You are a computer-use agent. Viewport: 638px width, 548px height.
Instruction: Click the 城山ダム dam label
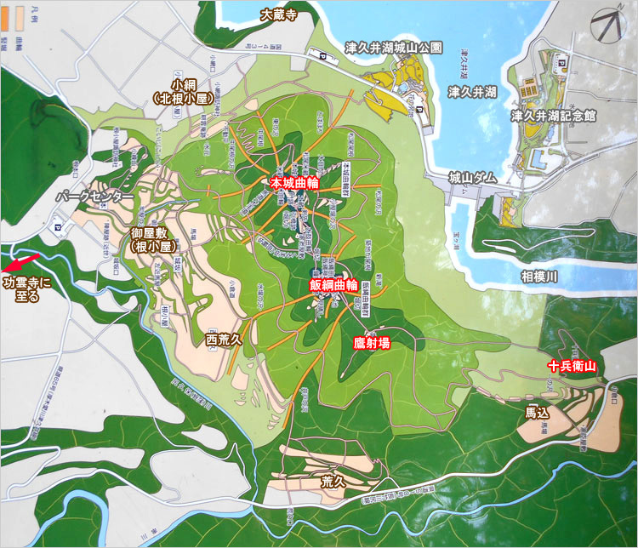click(472, 178)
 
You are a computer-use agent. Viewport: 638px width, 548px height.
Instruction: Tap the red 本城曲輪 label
click(295, 183)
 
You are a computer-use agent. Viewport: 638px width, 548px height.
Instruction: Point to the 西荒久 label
click(225, 340)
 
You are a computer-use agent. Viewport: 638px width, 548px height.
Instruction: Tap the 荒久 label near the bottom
click(332, 481)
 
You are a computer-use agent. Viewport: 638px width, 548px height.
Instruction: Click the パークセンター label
click(94, 197)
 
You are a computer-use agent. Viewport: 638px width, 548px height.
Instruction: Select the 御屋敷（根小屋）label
click(152, 239)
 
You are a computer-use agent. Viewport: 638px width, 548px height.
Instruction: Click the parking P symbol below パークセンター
click(57, 227)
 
